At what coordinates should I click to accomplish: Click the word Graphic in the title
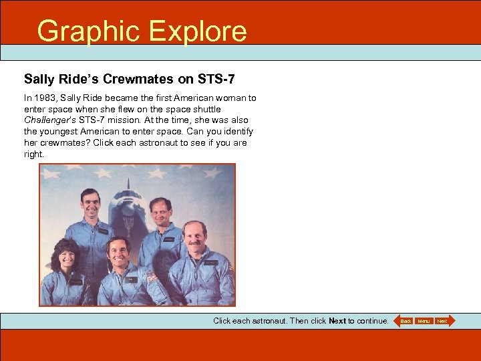point(89,31)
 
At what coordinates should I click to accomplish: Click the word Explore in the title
point(198,31)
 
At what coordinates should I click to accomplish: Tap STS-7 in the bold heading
point(216,80)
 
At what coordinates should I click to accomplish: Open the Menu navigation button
point(424,322)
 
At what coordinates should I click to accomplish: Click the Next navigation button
point(443,322)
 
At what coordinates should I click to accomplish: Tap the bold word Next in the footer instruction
point(337,321)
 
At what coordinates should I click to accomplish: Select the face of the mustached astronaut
point(194,237)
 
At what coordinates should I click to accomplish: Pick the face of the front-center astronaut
point(120,252)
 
